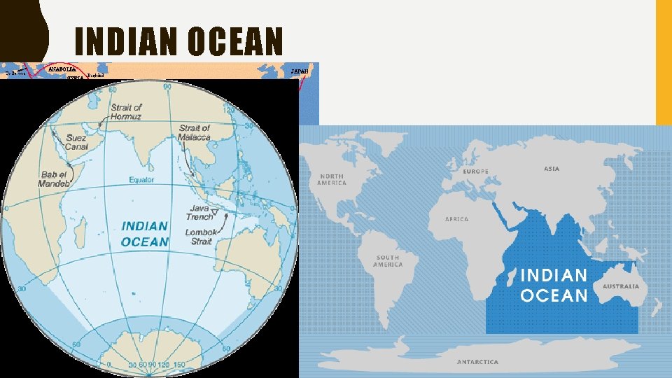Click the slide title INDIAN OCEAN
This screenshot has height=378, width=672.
[x=178, y=41]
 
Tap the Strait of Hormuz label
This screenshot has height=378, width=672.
[x=126, y=112]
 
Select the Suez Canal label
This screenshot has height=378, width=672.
[x=76, y=143]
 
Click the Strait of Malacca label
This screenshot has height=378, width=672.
[x=195, y=132]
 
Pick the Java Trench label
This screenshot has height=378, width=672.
[x=199, y=213]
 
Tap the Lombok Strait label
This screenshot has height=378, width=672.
[x=199, y=237]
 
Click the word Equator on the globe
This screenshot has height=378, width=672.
[x=141, y=180]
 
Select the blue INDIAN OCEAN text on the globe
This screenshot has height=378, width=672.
[x=145, y=234]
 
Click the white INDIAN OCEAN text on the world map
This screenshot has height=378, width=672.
[x=554, y=285]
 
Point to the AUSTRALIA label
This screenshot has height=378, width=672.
[x=621, y=287]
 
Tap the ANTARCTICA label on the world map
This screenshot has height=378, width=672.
[x=477, y=362]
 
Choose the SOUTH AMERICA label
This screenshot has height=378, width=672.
[x=388, y=260]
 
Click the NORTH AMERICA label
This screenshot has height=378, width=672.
[x=332, y=179]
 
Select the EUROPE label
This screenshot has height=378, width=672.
[x=475, y=171]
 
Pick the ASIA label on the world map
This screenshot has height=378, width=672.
[x=552, y=169]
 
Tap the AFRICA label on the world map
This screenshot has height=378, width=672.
[x=456, y=219]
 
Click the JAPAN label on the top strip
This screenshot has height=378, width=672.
[x=299, y=71]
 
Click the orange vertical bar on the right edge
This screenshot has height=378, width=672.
[x=664, y=63]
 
